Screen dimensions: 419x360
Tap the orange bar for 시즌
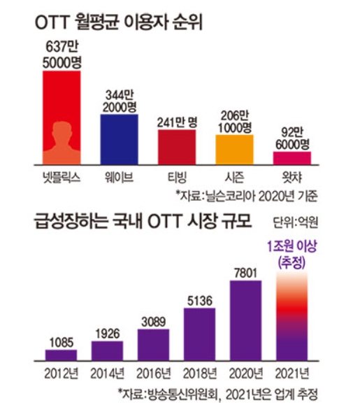(234, 148)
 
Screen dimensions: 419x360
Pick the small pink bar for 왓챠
(291, 157)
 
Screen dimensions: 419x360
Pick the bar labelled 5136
(201, 333)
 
